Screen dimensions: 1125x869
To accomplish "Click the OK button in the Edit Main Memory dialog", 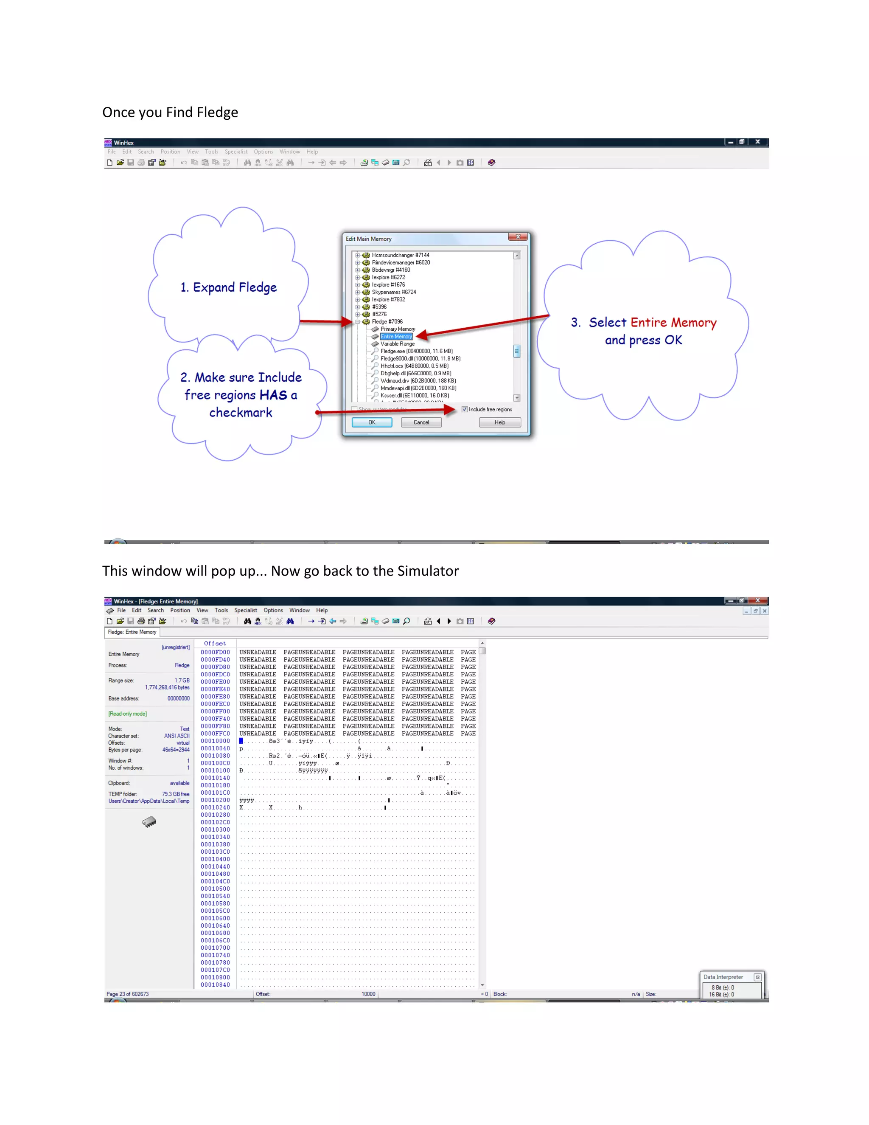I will (372, 422).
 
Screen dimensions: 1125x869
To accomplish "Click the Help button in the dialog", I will (499, 422).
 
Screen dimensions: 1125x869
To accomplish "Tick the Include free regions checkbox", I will (464, 410).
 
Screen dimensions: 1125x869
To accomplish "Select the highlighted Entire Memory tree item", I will (396, 336).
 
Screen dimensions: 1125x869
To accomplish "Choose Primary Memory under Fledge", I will (398, 329).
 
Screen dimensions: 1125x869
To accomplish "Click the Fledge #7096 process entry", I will (387, 321).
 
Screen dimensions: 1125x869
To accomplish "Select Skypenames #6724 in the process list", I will (393, 292).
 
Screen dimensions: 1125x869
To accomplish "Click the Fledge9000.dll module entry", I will (420, 359).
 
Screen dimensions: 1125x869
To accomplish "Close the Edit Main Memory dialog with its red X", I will (518, 237).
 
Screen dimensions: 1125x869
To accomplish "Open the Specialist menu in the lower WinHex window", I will (246, 610).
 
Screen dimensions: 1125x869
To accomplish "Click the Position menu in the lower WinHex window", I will (180, 610).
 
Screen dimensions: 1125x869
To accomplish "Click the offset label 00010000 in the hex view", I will (215, 741).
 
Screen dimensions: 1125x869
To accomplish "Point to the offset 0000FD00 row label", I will (215, 652).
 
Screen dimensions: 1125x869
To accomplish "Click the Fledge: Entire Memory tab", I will (132, 632).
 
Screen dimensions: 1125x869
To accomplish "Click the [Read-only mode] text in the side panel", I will (127, 714).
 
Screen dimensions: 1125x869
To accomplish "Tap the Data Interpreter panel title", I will (723, 977).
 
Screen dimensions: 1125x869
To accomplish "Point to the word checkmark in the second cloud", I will (241, 413).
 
